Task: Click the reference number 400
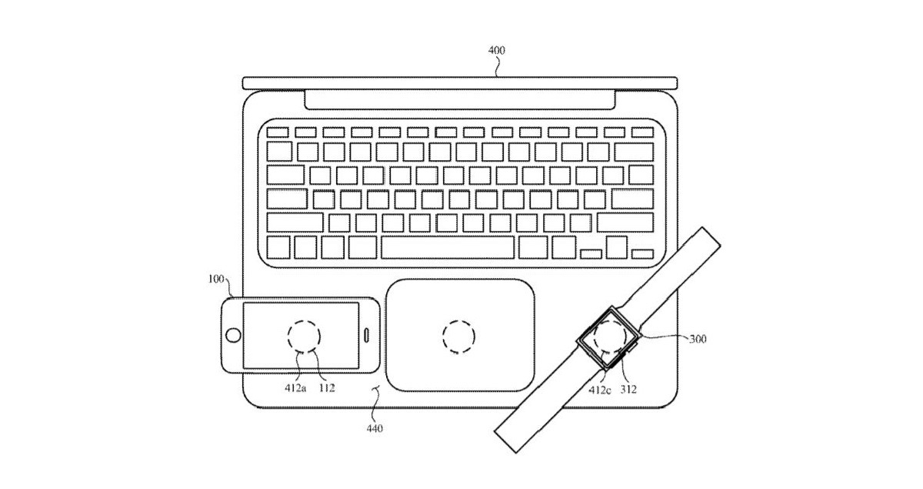coord(497,51)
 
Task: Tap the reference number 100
coord(218,279)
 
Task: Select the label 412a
coord(295,388)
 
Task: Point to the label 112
coord(326,388)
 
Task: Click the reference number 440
coord(375,428)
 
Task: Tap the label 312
coord(628,389)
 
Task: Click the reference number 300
coord(699,338)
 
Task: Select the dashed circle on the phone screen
coord(303,337)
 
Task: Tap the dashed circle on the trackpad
coord(458,336)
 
